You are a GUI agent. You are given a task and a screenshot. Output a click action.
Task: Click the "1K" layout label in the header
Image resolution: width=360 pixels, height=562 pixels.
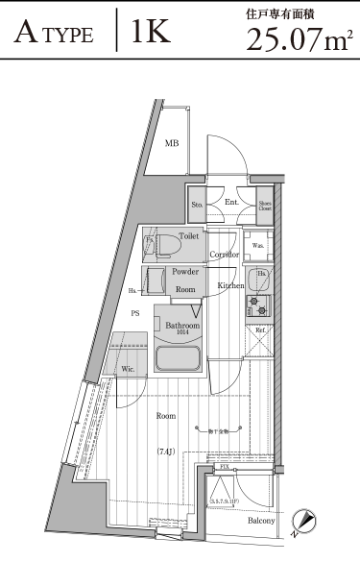pyautogui.click(x=152, y=32)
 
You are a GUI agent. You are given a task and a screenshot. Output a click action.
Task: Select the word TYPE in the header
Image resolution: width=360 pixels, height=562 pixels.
pyautogui.click(x=71, y=36)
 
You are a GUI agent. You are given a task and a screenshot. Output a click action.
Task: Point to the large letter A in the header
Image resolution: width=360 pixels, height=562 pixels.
pyautogui.click(x=28, y=35)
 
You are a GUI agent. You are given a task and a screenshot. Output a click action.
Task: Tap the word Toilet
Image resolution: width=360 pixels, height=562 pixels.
pyautogui.click(x=188, y=234)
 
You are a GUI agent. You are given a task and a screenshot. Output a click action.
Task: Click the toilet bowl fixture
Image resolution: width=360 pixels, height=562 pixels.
pyautogui.click(x=160, y=244)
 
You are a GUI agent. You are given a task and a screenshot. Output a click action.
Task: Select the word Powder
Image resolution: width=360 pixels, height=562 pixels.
pyautogui.click(x=185, y=273)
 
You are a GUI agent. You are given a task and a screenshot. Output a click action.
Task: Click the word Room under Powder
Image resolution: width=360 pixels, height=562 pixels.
pyautogui.click(x=185, y=289)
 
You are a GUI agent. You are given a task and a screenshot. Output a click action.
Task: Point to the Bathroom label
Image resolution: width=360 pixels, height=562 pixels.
pyautogui.click(x=182, y=327)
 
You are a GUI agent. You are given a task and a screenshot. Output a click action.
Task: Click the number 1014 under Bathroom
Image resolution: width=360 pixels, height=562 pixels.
pyautogui.click(x=182, y=334)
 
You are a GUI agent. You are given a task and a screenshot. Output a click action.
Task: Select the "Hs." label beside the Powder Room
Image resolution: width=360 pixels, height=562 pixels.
pyautogui.click(x=132, y=289)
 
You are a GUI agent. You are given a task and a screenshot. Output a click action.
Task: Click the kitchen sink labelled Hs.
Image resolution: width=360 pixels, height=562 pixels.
pyautogui.click(x=257, y=280)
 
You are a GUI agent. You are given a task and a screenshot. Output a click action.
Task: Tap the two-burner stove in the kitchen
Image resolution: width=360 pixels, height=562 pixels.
pyautogui.click(x=257, y=307)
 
